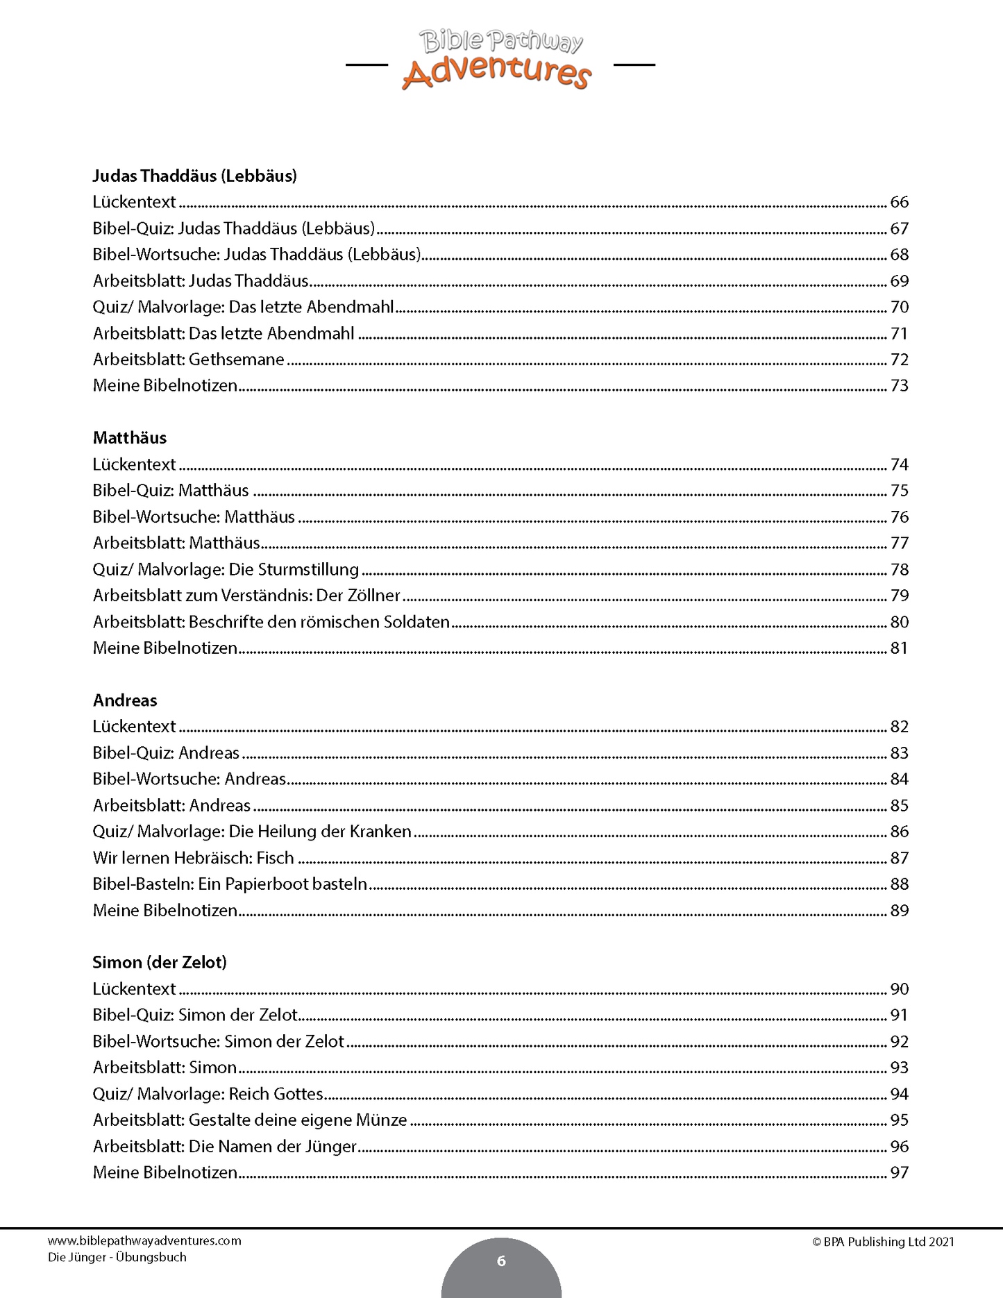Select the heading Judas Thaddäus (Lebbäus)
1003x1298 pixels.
194,176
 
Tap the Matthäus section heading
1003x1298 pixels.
130,438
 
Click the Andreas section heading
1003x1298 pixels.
125,700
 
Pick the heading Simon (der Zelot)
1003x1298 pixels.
160,963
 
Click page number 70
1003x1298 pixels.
899,307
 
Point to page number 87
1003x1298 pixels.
899,858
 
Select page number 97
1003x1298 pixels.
899,1173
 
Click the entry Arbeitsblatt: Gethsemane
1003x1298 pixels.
189,360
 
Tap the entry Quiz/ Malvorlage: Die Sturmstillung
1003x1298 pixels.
226,570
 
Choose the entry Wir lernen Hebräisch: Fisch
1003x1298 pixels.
194,858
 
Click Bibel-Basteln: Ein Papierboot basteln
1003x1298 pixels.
230,884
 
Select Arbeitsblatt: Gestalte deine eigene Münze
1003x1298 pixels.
250,1120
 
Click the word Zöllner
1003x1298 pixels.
374,596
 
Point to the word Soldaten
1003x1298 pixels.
415,622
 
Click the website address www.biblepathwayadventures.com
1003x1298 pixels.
144,1240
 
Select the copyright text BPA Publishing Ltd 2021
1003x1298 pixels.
883,1242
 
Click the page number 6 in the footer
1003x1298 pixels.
501,1261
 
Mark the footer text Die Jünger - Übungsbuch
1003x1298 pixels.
117,1257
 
